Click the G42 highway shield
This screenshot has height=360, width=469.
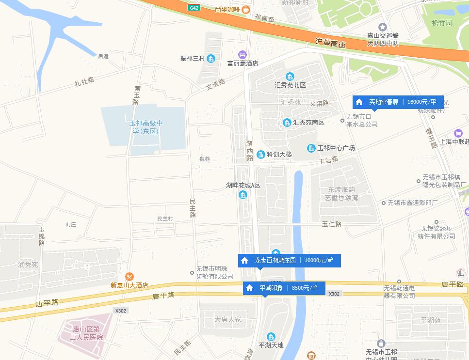[x=194, y=8]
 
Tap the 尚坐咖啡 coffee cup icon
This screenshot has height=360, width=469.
[x=246, y=9]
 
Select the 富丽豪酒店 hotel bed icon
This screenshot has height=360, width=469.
[x=243, y=54]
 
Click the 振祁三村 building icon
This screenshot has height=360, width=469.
[x=211, y=59]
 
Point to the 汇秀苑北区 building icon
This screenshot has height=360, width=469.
[x=290, y=77]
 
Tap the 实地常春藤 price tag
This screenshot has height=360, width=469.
[x=398, y=102]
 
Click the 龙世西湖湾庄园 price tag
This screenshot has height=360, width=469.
[x=289, y=260]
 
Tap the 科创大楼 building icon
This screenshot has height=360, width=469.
[x=261, y=154]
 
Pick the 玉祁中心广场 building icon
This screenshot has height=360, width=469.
[x=311, y=148]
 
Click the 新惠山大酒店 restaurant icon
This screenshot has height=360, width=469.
[x=129, y=277]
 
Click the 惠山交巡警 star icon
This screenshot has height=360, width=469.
[x=383, y=27]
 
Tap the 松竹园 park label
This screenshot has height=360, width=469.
[x=442, y=23]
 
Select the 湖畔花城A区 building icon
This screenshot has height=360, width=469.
[x=243, y=195]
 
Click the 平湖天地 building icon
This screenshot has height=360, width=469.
[x=271, y=337]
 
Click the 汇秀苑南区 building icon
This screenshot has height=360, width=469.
[x=287, y=122]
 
